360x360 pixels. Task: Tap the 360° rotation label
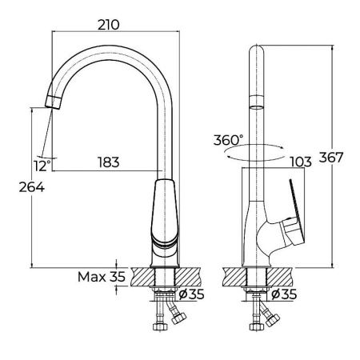[229, 139]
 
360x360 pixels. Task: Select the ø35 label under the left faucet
[192, 294]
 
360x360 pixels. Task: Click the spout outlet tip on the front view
[54, 101]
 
